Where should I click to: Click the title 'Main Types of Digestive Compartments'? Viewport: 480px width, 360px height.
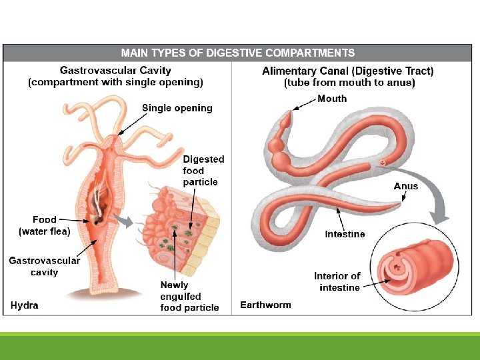pyautogui.click(x=237, y=53)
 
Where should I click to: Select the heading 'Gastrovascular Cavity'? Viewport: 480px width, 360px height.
pyautogui.click(x=115, y=70)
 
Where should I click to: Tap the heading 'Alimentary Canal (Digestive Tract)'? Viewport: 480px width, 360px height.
pyautogui.click(x=348, y=71)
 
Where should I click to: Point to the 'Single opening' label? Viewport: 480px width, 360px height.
pyautogui.click(x=177, y=108)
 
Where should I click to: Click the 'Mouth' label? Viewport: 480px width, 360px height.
pyautogui.click(x=332, y=99)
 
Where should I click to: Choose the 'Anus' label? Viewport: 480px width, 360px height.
pyautogui.click(x=405, y=186)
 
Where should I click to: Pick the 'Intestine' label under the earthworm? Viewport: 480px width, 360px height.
pyautogui.click(x=345, y=234)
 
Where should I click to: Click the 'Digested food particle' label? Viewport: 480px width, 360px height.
pyautogui.click(x=203, y=170)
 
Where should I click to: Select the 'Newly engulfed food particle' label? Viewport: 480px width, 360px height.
pyautogui.click(x=189, y=296)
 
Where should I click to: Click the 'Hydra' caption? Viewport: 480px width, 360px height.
pyautogui.click(x=25, y=305)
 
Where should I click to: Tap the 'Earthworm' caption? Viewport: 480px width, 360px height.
pyautogui.click(x=265, y=305)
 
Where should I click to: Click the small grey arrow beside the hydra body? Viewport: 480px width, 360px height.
pyautogui.click(x=123, y=220)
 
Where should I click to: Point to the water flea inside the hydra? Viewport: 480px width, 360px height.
pyautogui.click(x=98, y=219)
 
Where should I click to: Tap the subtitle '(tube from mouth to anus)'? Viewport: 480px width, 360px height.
pyautogui.click(x=349, y=83)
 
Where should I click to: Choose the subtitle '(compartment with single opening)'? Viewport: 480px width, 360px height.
pyautogui.click(x=115, y=83)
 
